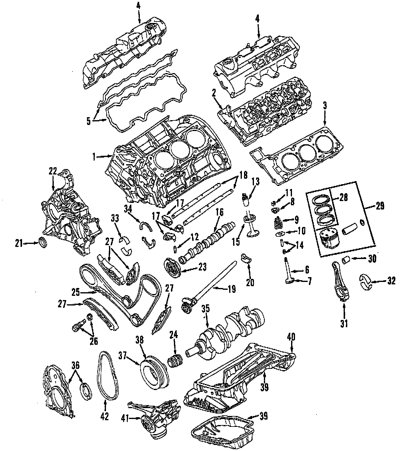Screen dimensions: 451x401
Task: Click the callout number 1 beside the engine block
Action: click(94, 156)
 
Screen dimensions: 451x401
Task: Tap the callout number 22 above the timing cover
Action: click(53, 171)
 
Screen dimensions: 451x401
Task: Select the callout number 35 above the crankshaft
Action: click(206, 309)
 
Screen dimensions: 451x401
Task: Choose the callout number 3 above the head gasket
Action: click(325, 106)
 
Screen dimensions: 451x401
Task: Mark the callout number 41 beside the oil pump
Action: click(125, 418)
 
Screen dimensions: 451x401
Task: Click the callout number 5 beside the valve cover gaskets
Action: click(88, 121)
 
